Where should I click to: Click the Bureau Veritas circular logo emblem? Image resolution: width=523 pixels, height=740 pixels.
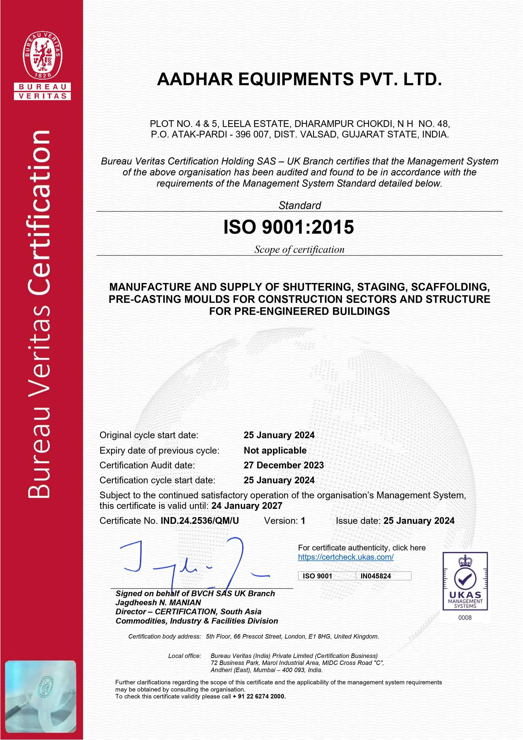click(x=42, y=55)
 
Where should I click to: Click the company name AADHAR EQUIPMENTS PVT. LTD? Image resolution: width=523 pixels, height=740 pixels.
click(x=299, y=79)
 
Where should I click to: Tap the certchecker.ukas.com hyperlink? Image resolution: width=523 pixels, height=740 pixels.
click(x=346, y=557)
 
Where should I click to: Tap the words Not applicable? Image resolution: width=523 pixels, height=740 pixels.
click(x=275, y=450)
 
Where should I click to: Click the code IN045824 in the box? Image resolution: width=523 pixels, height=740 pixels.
click(x=375, y=576)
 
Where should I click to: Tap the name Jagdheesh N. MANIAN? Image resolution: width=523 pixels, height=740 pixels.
click(x=158, y=602)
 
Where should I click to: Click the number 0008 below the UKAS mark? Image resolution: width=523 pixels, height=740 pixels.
click(x=465, y=617)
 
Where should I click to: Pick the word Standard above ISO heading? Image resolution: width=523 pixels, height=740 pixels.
click(x=300, y=205)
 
